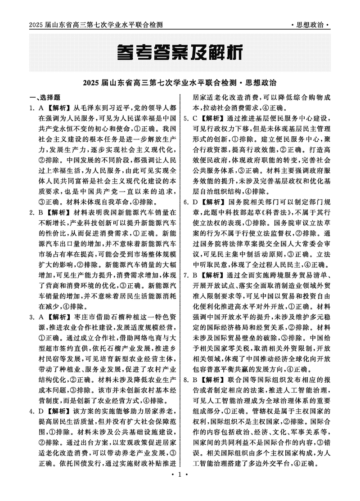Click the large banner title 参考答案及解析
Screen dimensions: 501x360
point(180,53)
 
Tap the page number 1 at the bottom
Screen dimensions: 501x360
point(180,487)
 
